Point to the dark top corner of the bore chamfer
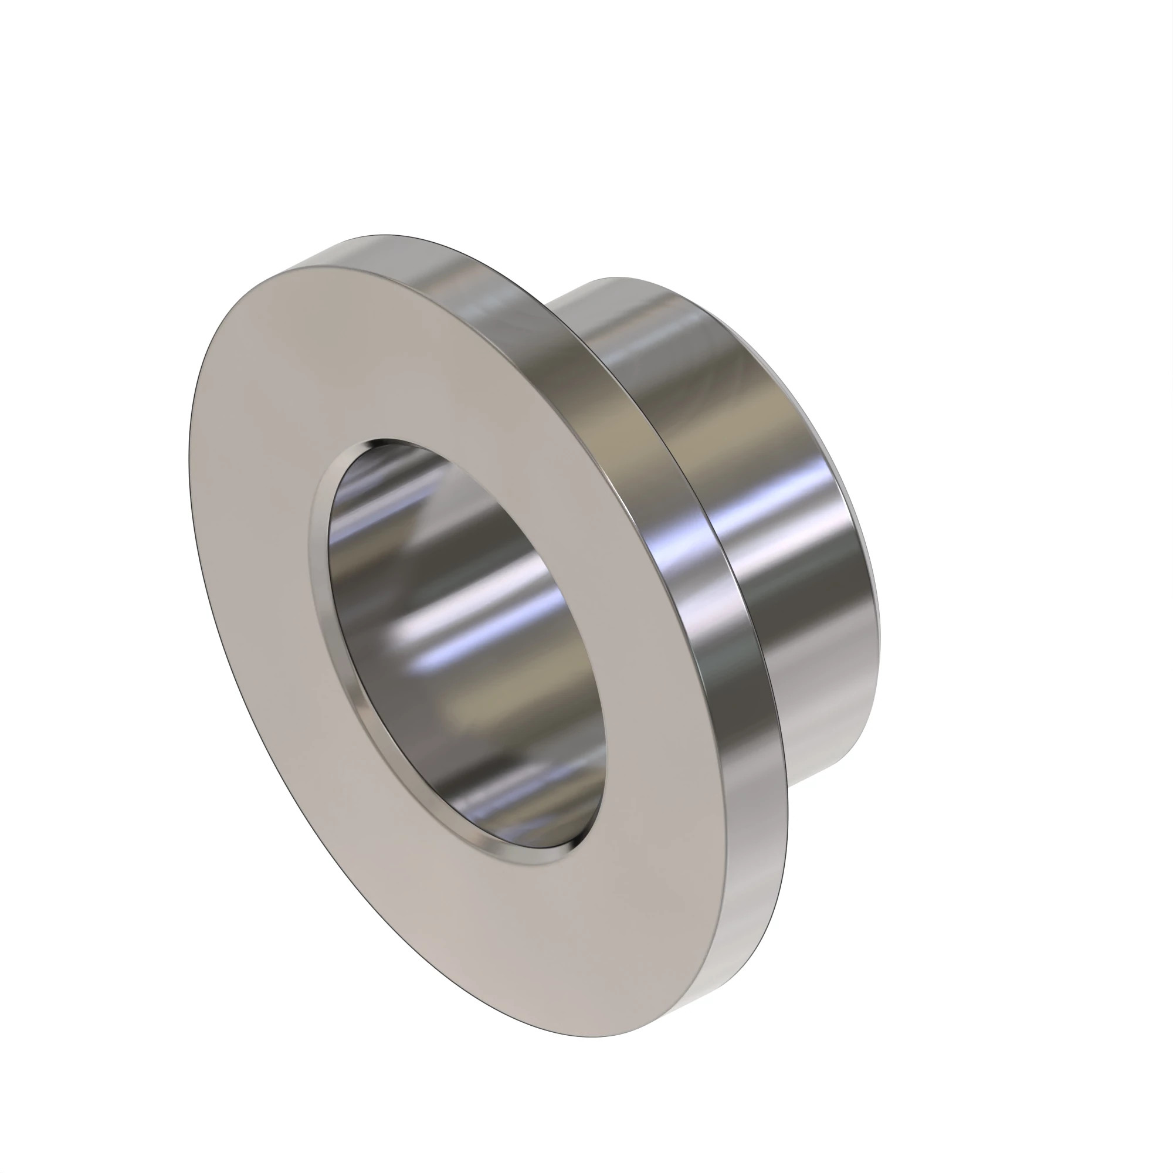point(389,443)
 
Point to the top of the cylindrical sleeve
point(619,279)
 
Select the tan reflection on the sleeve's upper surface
point(686,413)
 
